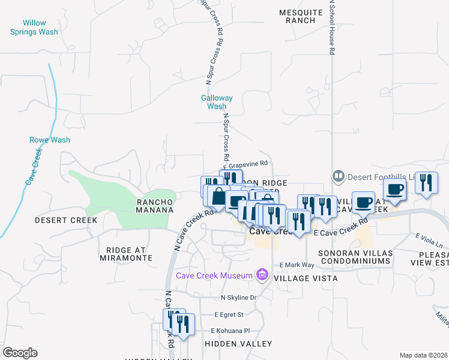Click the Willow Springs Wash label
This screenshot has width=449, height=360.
pyautogui.click(x=34, y=28)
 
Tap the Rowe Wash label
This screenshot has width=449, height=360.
pyautogui.click(x=50, y=140)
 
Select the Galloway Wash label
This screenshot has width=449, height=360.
pyautogui.click(x=216, y=102)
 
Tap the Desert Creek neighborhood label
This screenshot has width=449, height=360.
pyautogui.click(x=66, y=220)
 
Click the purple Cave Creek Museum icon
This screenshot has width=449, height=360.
pyautogui.click(x=262, y=275)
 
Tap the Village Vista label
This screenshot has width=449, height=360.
pyautogui.click(x=306, y=278)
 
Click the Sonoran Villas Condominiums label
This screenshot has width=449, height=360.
pyautogui.click(x=355, y=257)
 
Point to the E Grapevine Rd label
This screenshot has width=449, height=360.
pyautogui.click(x=245, y=163)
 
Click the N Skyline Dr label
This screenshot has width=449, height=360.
pyautogui.click(x=239, y=298)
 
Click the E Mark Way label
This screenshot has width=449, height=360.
pyautogui.click(x=297, y=265)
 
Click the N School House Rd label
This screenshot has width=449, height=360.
pyautogui.click(x=331, y=27)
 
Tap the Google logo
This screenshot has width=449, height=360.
pyautogui.click(x=20, y=353)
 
